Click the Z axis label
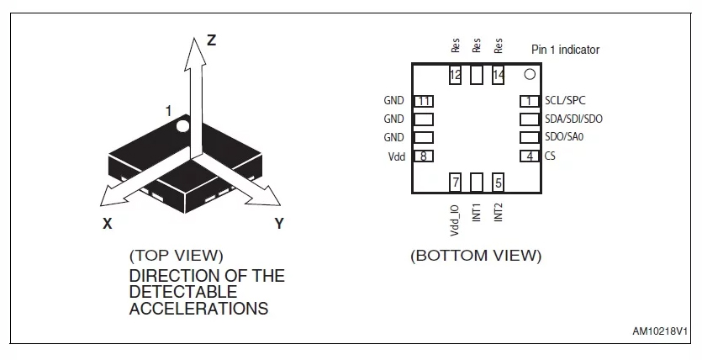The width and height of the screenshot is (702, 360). pos(211,40)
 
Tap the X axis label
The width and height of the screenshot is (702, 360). pos(108,224)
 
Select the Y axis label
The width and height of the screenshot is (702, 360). pos(279,224)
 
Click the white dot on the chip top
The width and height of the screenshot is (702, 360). pos(182,126)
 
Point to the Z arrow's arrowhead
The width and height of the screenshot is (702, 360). pos(195,54)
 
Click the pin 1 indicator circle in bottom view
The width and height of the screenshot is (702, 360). pos(530,74)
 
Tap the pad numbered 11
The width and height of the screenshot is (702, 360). pos(424,101)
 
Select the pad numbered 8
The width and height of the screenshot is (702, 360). pos(424,156)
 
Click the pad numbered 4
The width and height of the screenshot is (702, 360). pos(530,156)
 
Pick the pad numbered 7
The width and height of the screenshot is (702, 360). pos(455,183)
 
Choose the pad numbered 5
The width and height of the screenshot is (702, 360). pos(499,183)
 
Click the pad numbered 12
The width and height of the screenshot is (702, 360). pos(455,74)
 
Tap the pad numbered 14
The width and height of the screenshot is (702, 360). pos(499,74)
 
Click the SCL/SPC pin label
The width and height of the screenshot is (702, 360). pos(565,100)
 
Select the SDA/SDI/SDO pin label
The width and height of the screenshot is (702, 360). pos(573,119)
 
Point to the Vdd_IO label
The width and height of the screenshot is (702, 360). pos(455,220)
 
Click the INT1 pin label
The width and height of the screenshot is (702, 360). pos(477,212)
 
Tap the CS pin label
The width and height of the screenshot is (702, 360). pos(550,156)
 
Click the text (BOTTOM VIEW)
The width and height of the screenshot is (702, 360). pos(476,256)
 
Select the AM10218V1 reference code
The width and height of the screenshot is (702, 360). pos(660,331)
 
